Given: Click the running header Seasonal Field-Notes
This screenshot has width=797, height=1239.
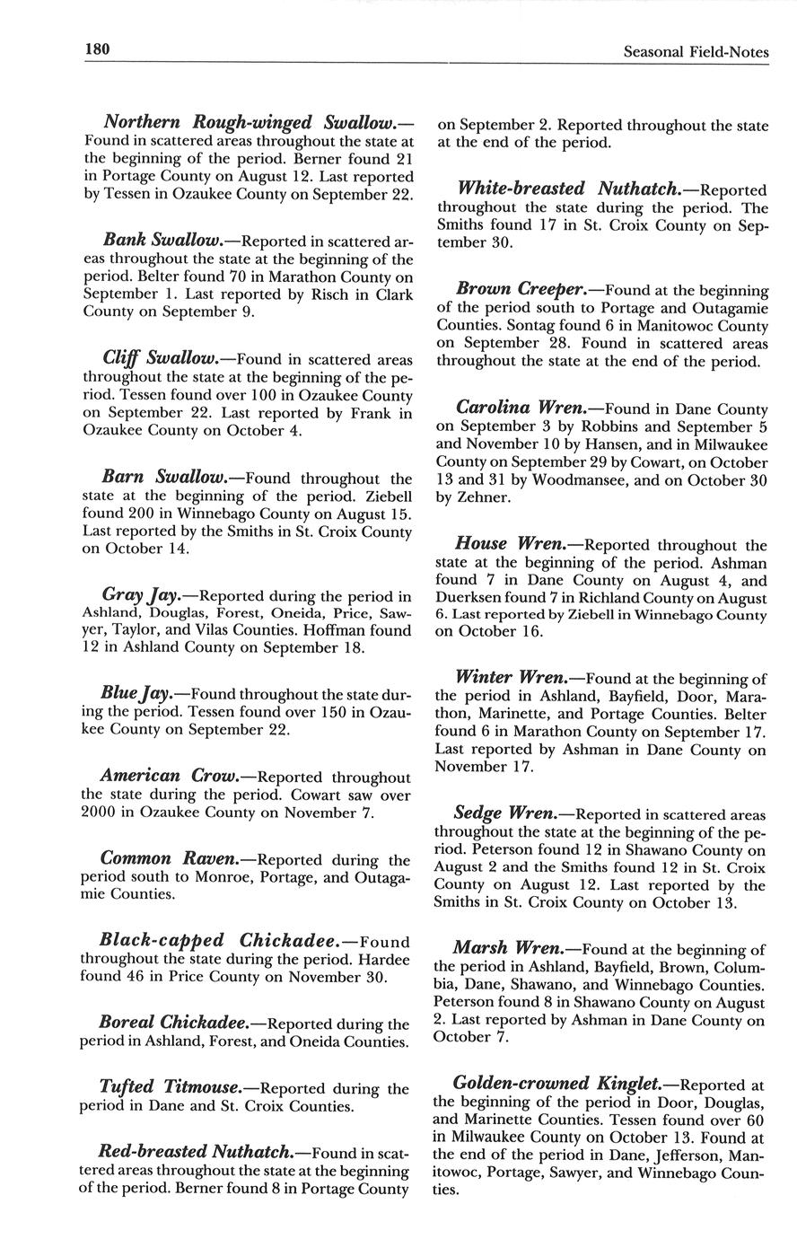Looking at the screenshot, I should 696,53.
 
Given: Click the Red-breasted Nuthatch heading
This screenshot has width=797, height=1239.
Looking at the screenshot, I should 202,1152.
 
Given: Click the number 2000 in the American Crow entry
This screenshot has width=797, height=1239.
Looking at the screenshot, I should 99,813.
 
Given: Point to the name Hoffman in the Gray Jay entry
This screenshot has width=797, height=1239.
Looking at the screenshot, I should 354,630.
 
